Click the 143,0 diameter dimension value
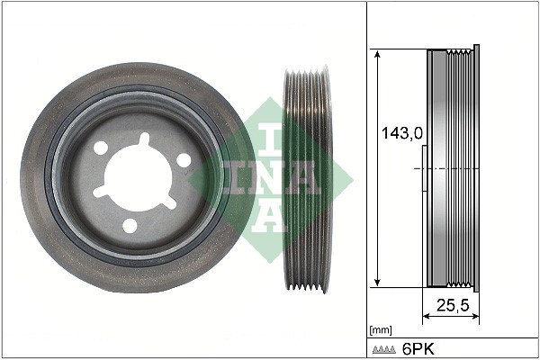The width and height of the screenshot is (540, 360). [x=402, y=133]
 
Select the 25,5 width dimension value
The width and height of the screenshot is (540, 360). [x=453, y=305]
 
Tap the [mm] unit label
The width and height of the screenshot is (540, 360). [x=381, y=330]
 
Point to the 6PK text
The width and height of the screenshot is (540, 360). [x=418, y=349]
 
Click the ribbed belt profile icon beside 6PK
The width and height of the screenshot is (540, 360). [x=384, y=350]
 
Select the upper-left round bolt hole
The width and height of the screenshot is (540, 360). [x=101, y=148]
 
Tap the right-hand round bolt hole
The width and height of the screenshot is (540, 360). [x=184, y=160]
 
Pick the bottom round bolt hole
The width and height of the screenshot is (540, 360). [x=130, y=226]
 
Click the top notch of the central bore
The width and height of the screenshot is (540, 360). [x=145, y=139]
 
